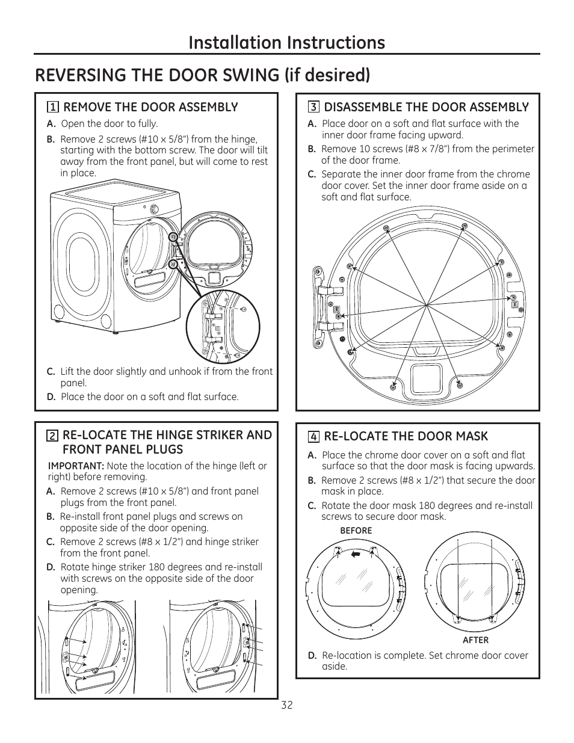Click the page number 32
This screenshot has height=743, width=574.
point(286,705)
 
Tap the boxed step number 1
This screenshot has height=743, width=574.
point(53,108)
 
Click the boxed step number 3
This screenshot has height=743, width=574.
point(313,108)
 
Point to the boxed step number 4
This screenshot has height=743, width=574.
point(313,437)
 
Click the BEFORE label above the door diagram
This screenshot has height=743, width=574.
point(356,531)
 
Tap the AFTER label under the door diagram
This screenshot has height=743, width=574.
point(475,640)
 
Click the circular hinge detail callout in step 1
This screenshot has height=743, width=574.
point(223,327)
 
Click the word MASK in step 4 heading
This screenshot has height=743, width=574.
point(472,436)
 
